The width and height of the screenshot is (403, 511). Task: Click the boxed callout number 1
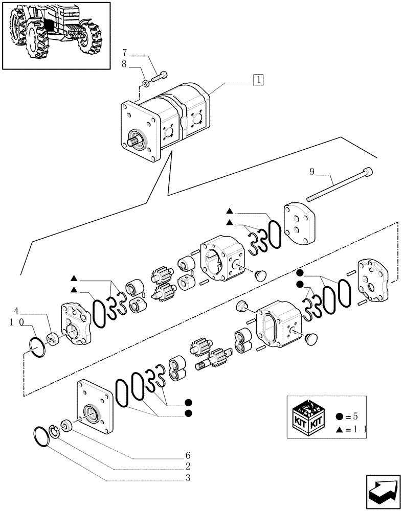point(258,80)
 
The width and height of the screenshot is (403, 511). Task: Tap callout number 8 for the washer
point(125,65)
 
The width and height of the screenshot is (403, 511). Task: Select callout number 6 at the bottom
point(188,455)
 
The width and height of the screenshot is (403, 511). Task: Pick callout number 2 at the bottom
point(188,467)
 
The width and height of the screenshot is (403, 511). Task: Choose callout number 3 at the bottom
point(188,478)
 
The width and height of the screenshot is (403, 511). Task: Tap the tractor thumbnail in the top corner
point(56,35)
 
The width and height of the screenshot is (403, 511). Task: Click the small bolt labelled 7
point(159,77)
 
